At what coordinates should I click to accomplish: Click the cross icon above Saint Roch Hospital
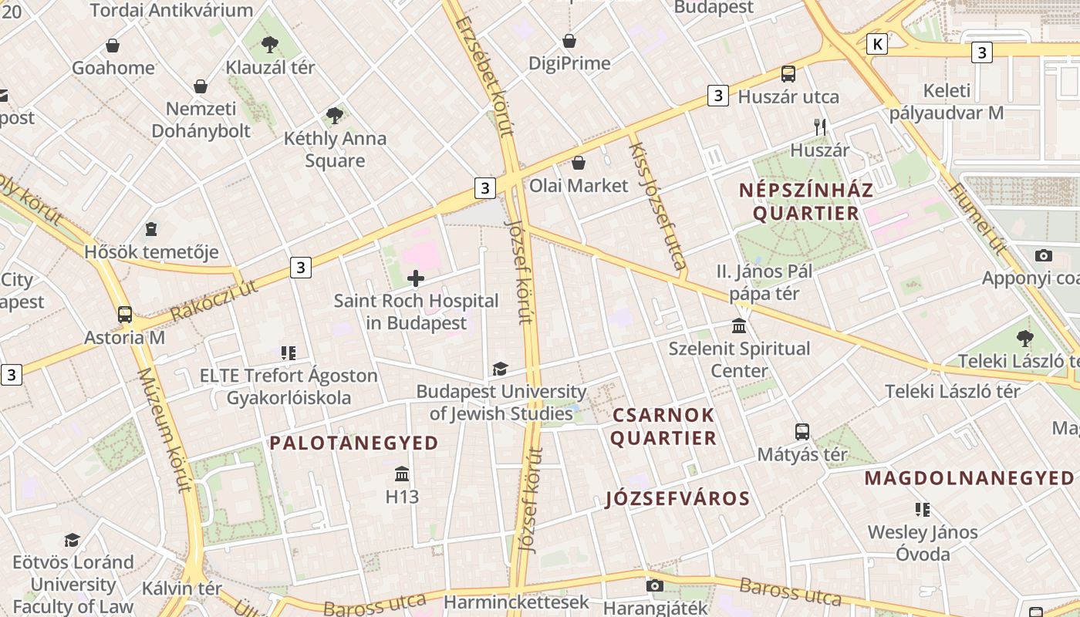(416, 278)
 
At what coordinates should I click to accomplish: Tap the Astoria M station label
(125, 337)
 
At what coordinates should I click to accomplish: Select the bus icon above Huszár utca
(788, 74)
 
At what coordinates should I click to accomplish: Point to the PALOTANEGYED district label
(354, 443)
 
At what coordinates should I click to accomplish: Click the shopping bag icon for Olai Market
(578, 163)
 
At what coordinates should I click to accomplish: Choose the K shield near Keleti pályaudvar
(876, 44)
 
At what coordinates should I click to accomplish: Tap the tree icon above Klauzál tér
(269, 44)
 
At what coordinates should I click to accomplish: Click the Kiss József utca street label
(658, 207)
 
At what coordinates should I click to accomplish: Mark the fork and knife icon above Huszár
(819, 126)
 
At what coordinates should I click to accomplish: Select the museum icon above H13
(402, 474)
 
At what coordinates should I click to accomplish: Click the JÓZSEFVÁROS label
(677, 499)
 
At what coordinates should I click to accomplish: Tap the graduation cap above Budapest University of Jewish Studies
(500, 369)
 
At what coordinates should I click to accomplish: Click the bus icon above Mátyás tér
(802, 432)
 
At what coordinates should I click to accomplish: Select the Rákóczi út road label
(214, 302)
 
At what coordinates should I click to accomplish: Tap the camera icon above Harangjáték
(655, 586)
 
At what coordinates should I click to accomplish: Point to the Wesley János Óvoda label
(923, 543)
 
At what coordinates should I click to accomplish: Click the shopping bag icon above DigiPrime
(569, 41)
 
